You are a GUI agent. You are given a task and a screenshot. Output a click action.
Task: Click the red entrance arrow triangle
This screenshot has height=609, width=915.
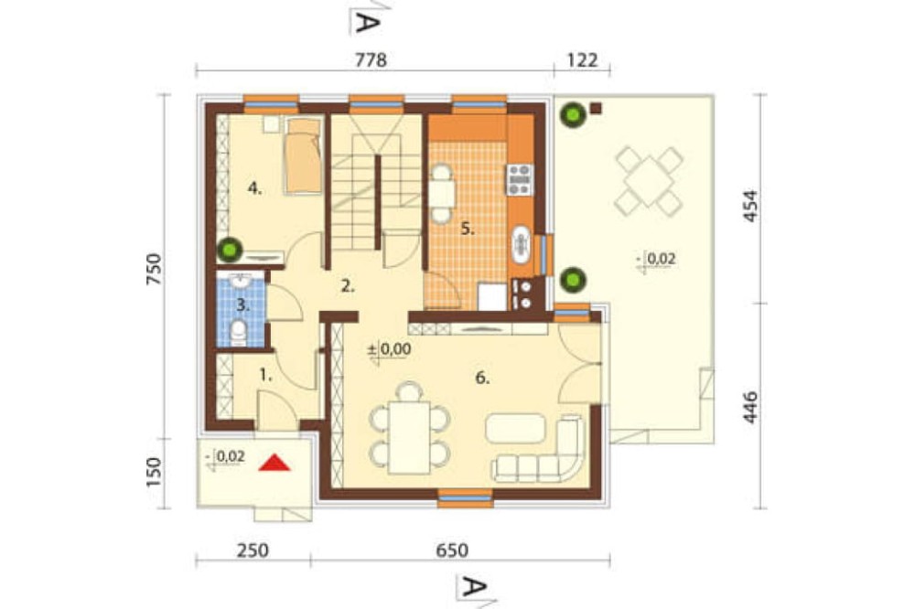click(274, 463)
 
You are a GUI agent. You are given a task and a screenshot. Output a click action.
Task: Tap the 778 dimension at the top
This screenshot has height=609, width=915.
click(371, 60)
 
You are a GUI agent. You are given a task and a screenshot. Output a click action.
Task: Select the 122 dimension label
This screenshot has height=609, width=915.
click(582, 60)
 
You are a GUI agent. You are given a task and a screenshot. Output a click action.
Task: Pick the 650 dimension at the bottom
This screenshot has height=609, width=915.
click(452, 550)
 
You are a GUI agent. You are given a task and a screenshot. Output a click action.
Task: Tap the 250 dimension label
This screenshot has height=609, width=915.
click(253, 550)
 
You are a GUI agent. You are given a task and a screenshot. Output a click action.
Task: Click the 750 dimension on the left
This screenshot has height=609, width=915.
click(153, 269)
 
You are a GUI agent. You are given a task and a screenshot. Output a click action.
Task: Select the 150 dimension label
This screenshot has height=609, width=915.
click(153, 473)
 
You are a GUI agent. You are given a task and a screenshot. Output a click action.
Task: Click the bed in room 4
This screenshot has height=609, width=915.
click(304, 155)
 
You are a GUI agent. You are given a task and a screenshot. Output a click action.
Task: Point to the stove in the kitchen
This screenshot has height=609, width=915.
click(520, 179)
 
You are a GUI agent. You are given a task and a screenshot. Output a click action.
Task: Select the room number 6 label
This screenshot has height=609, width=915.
click(482, 378)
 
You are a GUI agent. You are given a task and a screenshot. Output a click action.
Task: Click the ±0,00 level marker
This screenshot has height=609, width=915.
click(389, 349)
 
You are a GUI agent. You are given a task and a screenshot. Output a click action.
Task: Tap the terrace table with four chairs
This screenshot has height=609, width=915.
click(649, 180)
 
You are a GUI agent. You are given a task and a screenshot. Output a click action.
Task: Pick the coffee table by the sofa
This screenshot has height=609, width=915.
click(515, 428)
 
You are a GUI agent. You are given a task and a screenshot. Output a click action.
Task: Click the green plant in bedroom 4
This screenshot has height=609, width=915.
click(230, 251)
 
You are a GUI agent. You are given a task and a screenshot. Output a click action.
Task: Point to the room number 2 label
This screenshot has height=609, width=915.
click(348, 286)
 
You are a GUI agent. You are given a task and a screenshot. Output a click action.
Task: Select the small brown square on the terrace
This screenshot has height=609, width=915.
click(596, 107)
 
